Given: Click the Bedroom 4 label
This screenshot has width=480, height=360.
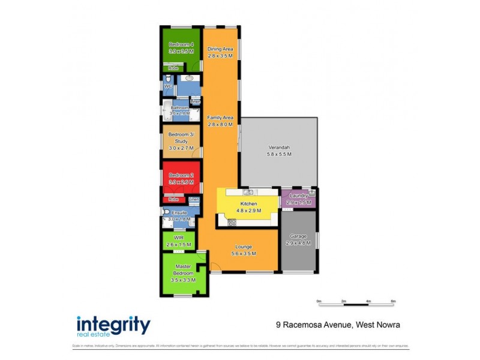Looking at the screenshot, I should coord(181,45).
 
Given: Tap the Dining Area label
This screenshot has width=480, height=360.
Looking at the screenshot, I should coord(220,49).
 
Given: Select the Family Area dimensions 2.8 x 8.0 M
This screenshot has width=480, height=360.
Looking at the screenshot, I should coord(220,124).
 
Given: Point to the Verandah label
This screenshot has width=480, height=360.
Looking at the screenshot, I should coord(278,148).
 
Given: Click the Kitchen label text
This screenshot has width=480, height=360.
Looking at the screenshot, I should coord(248,205).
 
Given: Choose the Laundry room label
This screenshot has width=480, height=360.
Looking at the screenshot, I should coord(298,196).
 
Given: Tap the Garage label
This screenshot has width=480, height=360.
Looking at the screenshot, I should coord(298,236).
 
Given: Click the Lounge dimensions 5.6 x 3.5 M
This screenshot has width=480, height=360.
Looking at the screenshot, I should coord(244,254).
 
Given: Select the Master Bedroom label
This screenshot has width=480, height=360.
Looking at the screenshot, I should coord(183,270).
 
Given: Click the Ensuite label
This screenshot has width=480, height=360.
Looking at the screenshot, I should coord(179,213).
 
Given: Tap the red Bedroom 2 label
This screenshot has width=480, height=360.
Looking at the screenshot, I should coord(181,175).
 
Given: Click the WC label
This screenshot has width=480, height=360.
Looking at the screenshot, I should coord(168,87).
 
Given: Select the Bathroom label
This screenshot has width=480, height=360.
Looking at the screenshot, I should coord(179,108).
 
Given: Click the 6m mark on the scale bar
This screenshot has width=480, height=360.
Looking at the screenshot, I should coord(393,301).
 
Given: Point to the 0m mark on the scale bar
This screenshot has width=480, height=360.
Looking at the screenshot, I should coord(319,301).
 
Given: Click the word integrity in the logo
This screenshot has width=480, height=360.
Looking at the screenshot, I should coord(113,325).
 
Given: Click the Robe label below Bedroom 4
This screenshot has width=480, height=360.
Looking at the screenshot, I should coord(173,68).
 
